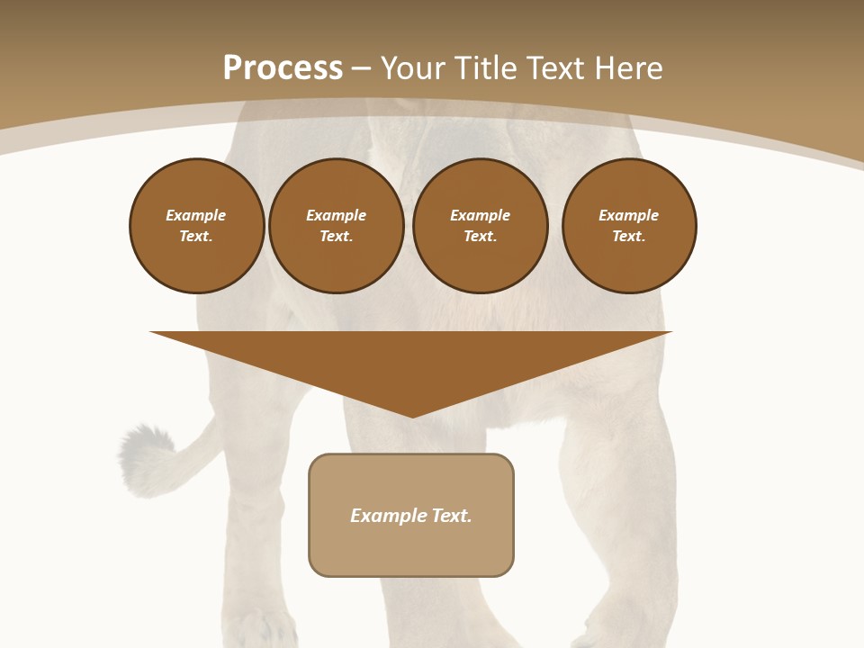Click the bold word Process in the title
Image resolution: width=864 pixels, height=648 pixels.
[x=283, y=68]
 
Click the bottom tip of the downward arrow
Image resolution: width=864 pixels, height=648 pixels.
[x=412, y=415]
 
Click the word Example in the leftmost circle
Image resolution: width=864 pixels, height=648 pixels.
[x=196, y=215]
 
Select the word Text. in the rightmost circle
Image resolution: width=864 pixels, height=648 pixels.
[x=629, y=236]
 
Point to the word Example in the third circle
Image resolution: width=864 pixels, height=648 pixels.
[x=480, y=215]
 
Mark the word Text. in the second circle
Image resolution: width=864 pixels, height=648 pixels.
[x=336, y=236]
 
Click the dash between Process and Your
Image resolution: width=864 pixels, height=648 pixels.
[x=362, y=68]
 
